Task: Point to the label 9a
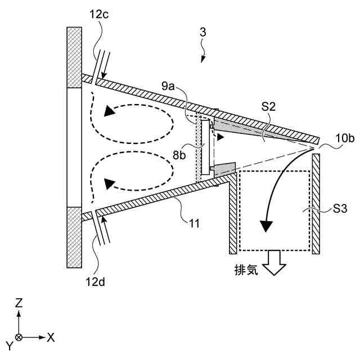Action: click(x=168, y=85)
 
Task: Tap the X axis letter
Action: click(x=51, y=337)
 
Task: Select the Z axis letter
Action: click(x=19, y=303)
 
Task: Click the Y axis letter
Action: click(x=9, y=344)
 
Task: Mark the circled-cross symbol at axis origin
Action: click(x=19, y=337)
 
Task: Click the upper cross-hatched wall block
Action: click(x=74, y=57)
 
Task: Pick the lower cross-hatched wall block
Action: click(x=74, y=237)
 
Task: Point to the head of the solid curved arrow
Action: click(x=265, y=227)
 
